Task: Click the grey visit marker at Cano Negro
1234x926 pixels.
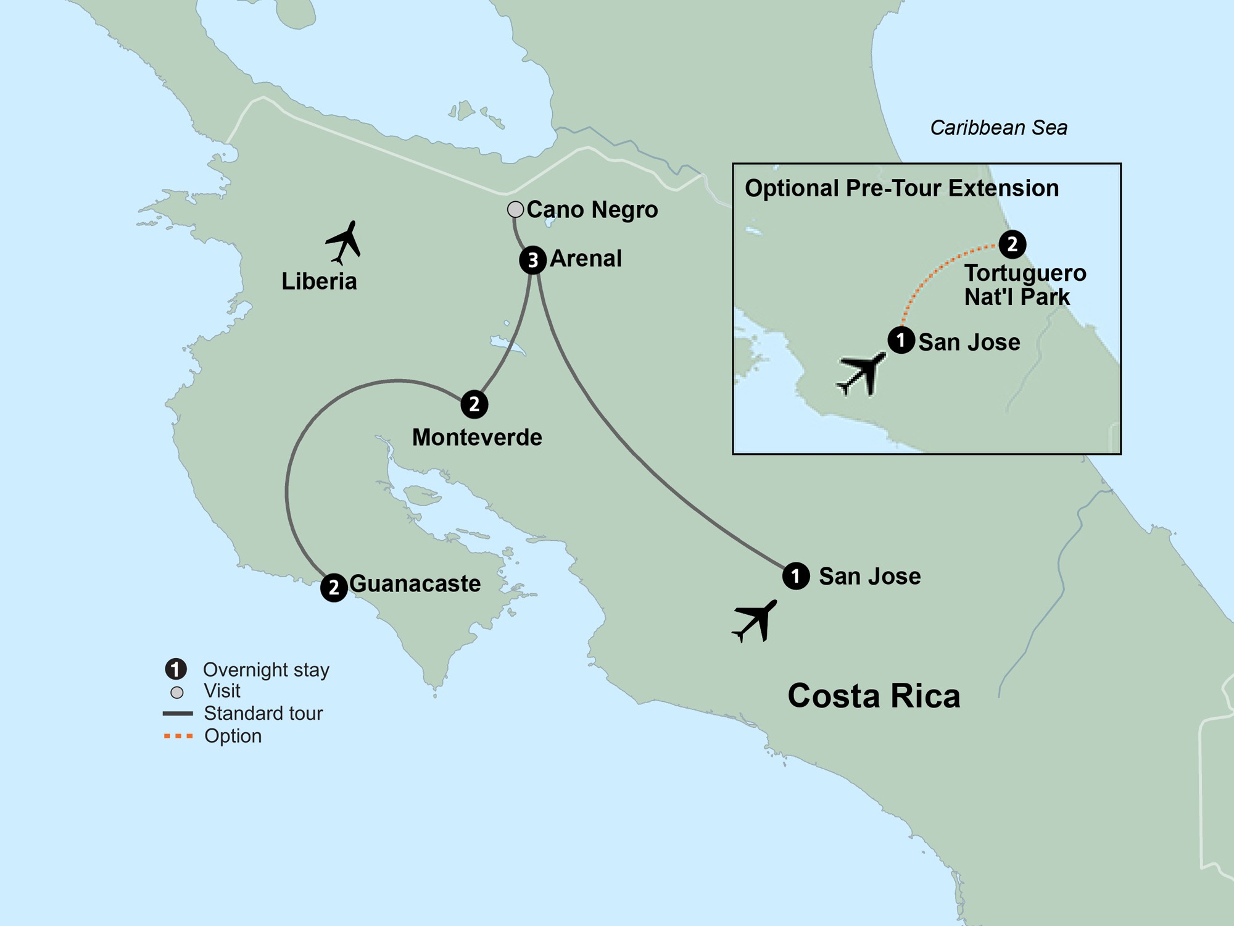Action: point(515,209)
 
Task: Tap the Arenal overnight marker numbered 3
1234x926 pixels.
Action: point(532,260)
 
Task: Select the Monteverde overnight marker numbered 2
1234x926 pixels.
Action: point(474,404)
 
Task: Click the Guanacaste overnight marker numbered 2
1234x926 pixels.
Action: point(334,587)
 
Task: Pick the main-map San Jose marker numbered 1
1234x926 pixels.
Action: point(796,576)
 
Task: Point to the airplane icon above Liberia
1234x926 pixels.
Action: point(344,242)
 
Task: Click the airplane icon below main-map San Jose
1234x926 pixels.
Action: point(755,620)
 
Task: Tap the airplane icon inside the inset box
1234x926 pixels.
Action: point(862,373)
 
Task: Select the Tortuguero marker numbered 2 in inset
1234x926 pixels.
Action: point(1012,244)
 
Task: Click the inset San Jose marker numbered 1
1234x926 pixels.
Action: point(901,340)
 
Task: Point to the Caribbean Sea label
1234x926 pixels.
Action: point(998,128)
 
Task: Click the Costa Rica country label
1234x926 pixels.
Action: point(874,696)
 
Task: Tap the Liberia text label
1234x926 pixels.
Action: point(319,282)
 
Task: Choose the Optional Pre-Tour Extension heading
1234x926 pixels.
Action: point(901,188)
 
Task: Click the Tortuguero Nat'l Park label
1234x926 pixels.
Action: point(1024,285)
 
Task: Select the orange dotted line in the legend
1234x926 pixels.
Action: point(178,736)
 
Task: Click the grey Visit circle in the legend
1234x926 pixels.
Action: point(177,692)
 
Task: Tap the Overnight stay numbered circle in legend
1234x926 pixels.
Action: point(176,669)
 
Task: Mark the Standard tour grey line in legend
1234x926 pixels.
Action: point(178,714)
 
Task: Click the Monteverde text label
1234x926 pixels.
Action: point(477,438)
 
